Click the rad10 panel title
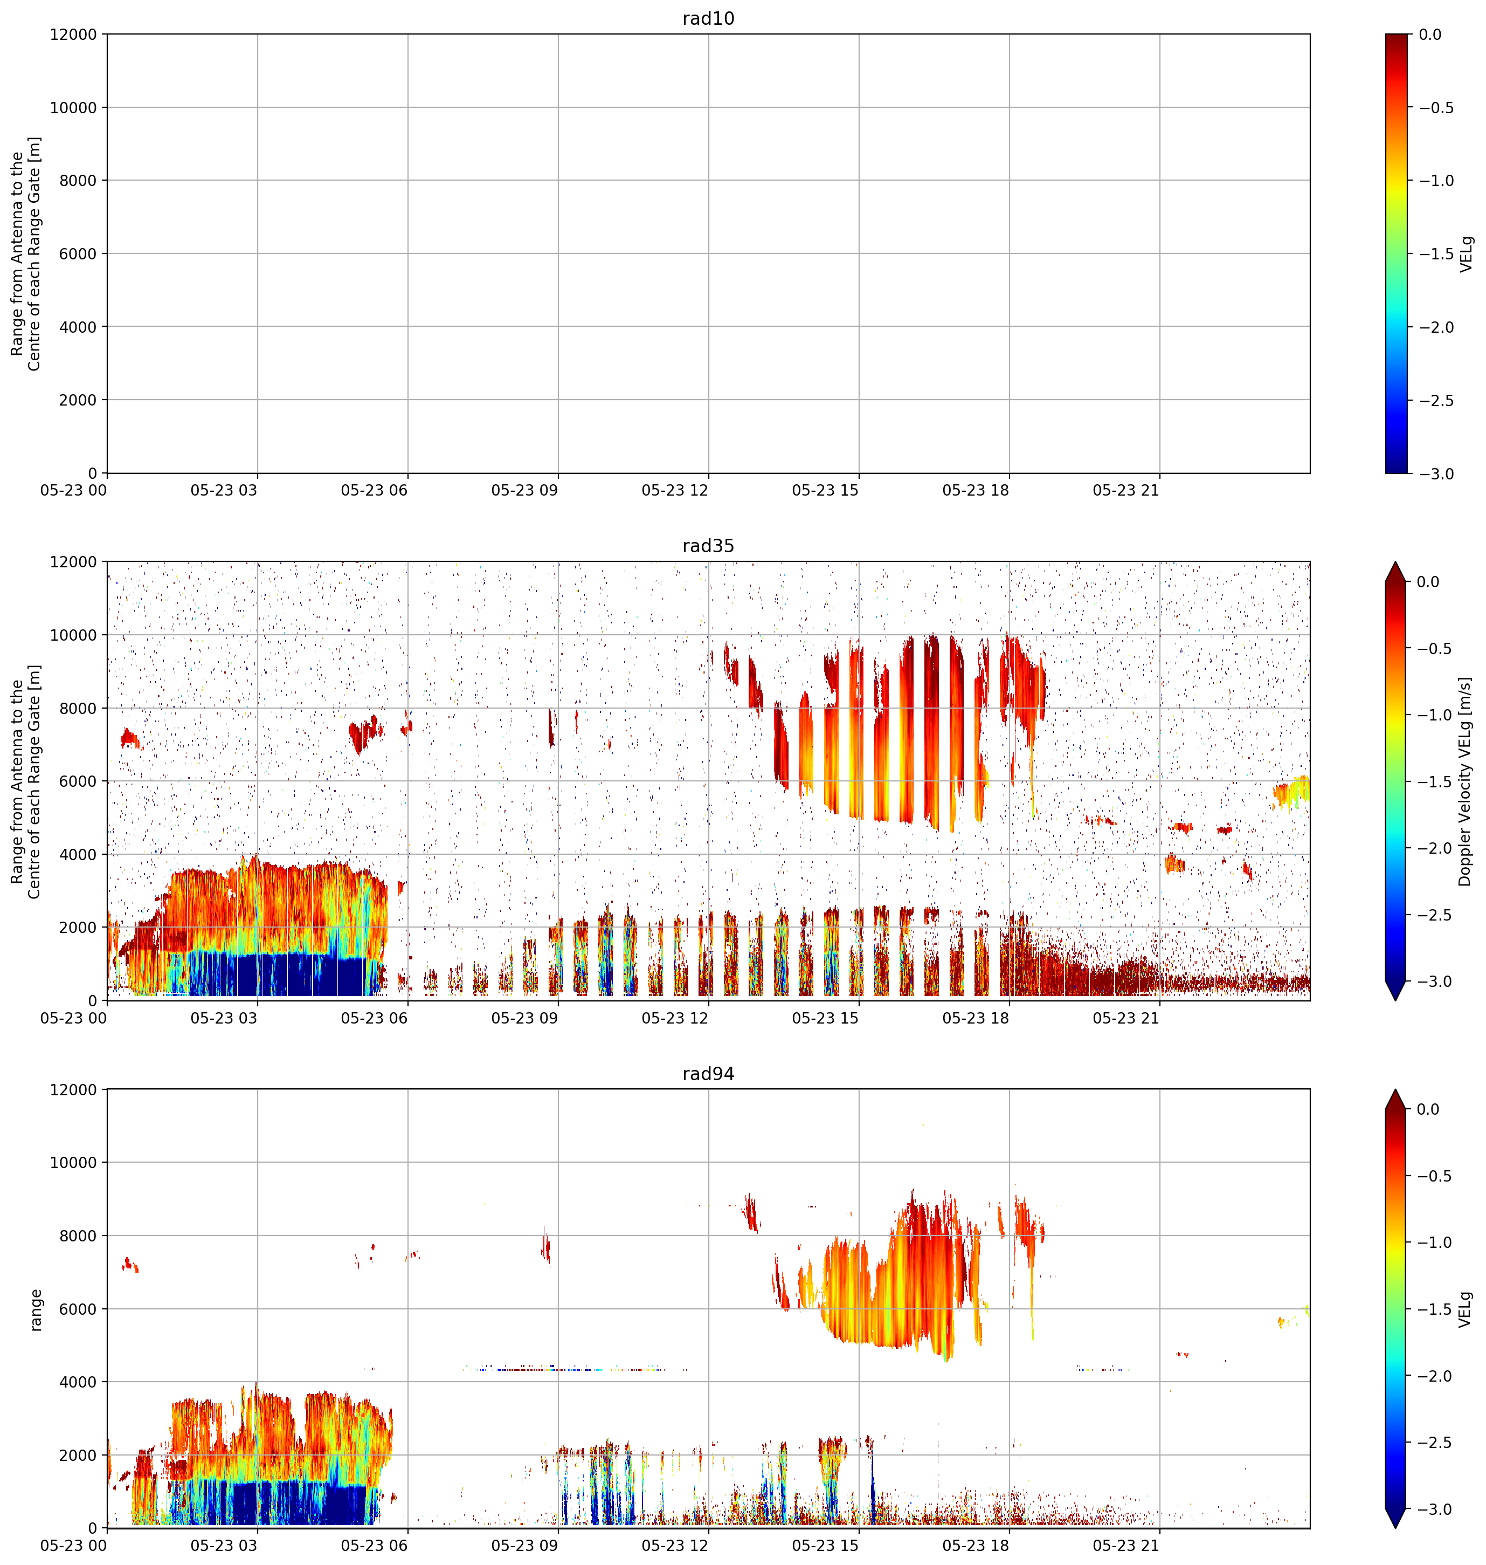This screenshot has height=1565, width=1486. coord(708,18)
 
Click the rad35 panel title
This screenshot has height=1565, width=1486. coord(708,546)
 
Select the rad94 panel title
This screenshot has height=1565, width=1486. coord(708,1074)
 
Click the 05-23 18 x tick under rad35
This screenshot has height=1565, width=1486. coord(976,1018)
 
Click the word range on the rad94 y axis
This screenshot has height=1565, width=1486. coord(36,1309)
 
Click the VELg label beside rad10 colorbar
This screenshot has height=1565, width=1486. coord(1466,253)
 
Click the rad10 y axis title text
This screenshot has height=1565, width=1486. coord(26,253)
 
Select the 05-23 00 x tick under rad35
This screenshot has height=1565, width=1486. coord(74,1018)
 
